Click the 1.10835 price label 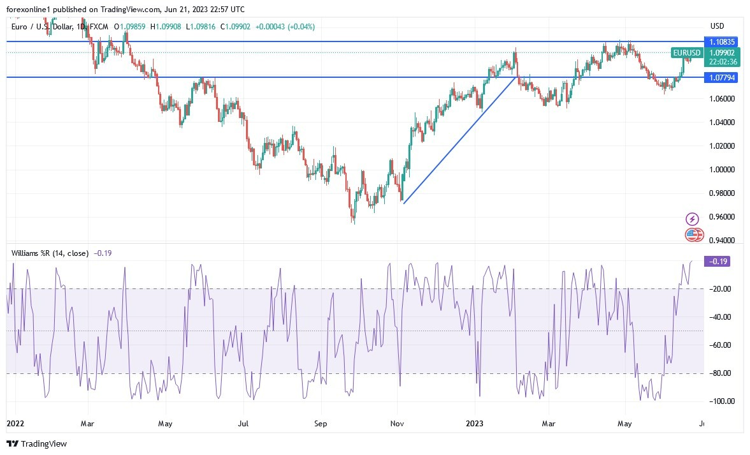pyautogui.click(x=721, y=41)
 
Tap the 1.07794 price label pyautogui.click(x=721, y=77)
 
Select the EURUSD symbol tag pyautogui.click(x=686, y=53)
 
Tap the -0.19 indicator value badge pyautogui.click(x=717, y=261)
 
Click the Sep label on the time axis pyautogui.click(x=321, y=423)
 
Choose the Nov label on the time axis pyautogui.click(x=398, y=423)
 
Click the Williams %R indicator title pyautogui.click(x=50, y=253)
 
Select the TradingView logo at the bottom pyautogui.click(x=36, y=444)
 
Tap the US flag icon pyautogui.click(x=693, y=235)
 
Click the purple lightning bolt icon pyautogui.click(x=692, y=219)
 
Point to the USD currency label pyautogui.click(x=718, y=26)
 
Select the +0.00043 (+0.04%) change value pyautogui.click(x=285, y=27)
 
